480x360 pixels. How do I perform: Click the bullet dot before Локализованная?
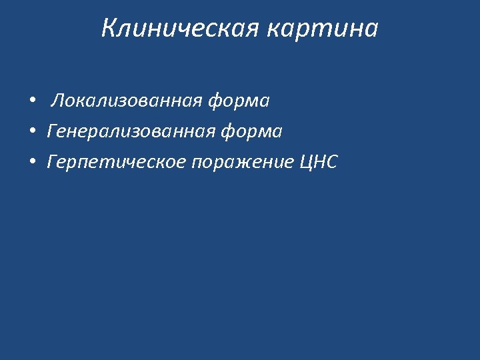point(31,101)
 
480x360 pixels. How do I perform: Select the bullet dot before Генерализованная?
point(31,132)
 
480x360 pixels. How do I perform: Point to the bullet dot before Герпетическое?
point(31,162)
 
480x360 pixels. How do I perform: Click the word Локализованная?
point(127,101)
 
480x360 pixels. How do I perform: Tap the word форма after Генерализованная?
point(251,132)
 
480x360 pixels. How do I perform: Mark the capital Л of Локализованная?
point(58,101)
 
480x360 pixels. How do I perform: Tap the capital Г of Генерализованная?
point(51,132)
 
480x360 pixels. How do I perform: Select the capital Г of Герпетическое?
point(51,162)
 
